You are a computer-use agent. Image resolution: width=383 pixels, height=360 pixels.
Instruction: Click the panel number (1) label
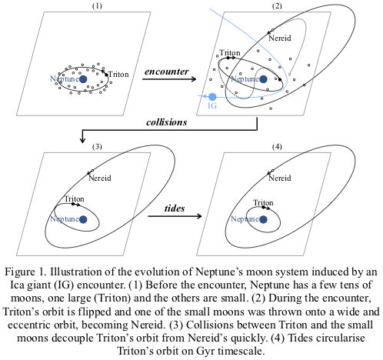tap(97, 5)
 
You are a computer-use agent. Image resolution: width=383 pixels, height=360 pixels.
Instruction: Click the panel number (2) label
tap(277, 5)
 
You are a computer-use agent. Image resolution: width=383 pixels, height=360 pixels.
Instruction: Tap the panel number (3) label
tap(97, 146)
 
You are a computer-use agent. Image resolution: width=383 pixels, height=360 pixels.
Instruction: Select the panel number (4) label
tap(277, 146)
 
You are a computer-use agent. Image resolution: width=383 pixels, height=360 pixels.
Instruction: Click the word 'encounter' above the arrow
tap(167, 72)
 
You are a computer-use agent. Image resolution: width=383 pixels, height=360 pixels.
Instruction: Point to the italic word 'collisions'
tap(167, 122)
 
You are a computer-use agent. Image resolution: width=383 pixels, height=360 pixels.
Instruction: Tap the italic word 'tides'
tap(175, 208)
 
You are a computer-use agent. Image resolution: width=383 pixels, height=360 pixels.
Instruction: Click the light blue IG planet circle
tap(212, 97)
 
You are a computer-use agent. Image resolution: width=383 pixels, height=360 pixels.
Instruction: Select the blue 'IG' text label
tap(212, 105)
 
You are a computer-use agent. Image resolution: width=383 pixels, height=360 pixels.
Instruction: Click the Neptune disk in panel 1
tap(83, 79)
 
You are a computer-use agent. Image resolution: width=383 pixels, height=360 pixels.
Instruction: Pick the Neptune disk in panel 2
tap(263, 79)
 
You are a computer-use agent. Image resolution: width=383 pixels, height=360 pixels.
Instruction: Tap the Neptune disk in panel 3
tap(83, 219)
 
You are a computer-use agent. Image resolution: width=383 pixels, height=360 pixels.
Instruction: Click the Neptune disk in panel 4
tap(263, 219)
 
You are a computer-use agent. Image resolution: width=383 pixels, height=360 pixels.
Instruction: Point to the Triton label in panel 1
tap(118, 75)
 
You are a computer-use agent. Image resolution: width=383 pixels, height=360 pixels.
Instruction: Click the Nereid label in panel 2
tap(280, 38)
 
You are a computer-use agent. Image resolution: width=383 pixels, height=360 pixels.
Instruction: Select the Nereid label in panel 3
tap(100, 178)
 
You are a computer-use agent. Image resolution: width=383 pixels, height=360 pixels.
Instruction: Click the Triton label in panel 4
tap(263, 202)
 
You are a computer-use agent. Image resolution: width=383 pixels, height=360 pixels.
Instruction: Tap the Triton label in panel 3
tap(74, 198)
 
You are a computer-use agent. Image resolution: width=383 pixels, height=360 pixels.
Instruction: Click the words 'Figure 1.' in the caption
tap(25, 272)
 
